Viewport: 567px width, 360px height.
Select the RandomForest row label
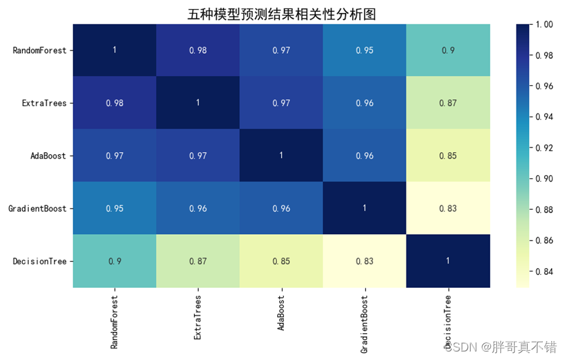(x=39, y=50)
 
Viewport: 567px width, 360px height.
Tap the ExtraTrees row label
(x=45, y=103)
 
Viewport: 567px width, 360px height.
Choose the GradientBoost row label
(x=37, y=209)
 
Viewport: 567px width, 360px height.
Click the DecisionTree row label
(x=39, y=261)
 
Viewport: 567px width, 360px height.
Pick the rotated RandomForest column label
(x=114, y=317)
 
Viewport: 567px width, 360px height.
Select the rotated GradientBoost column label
(x=364, y=319)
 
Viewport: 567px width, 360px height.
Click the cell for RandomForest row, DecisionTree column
(x=448, y=50)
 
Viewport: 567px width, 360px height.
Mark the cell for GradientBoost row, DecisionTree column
(x=448, y=209)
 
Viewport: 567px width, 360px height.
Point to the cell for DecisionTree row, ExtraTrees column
(x=198, y=261)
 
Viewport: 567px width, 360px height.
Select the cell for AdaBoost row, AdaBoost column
(x=281, y=155)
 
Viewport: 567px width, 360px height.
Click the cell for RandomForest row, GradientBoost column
(x=364, y=50)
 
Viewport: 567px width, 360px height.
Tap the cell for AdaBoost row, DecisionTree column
(x=448, y=155)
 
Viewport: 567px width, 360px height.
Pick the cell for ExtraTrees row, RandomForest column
(x=114, y=103)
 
